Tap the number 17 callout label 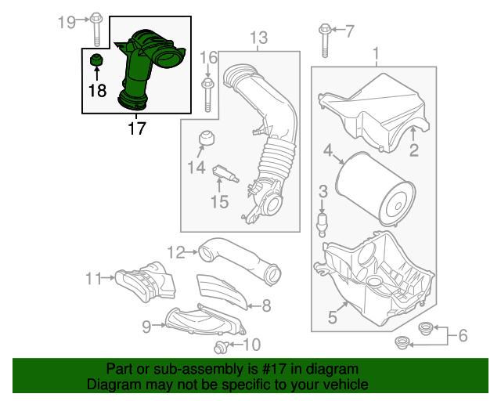136,128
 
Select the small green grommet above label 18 97,62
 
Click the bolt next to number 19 96,28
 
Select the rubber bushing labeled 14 207,138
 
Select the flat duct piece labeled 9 200,320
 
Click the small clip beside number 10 222,345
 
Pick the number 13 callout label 258,37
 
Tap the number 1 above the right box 376,54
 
